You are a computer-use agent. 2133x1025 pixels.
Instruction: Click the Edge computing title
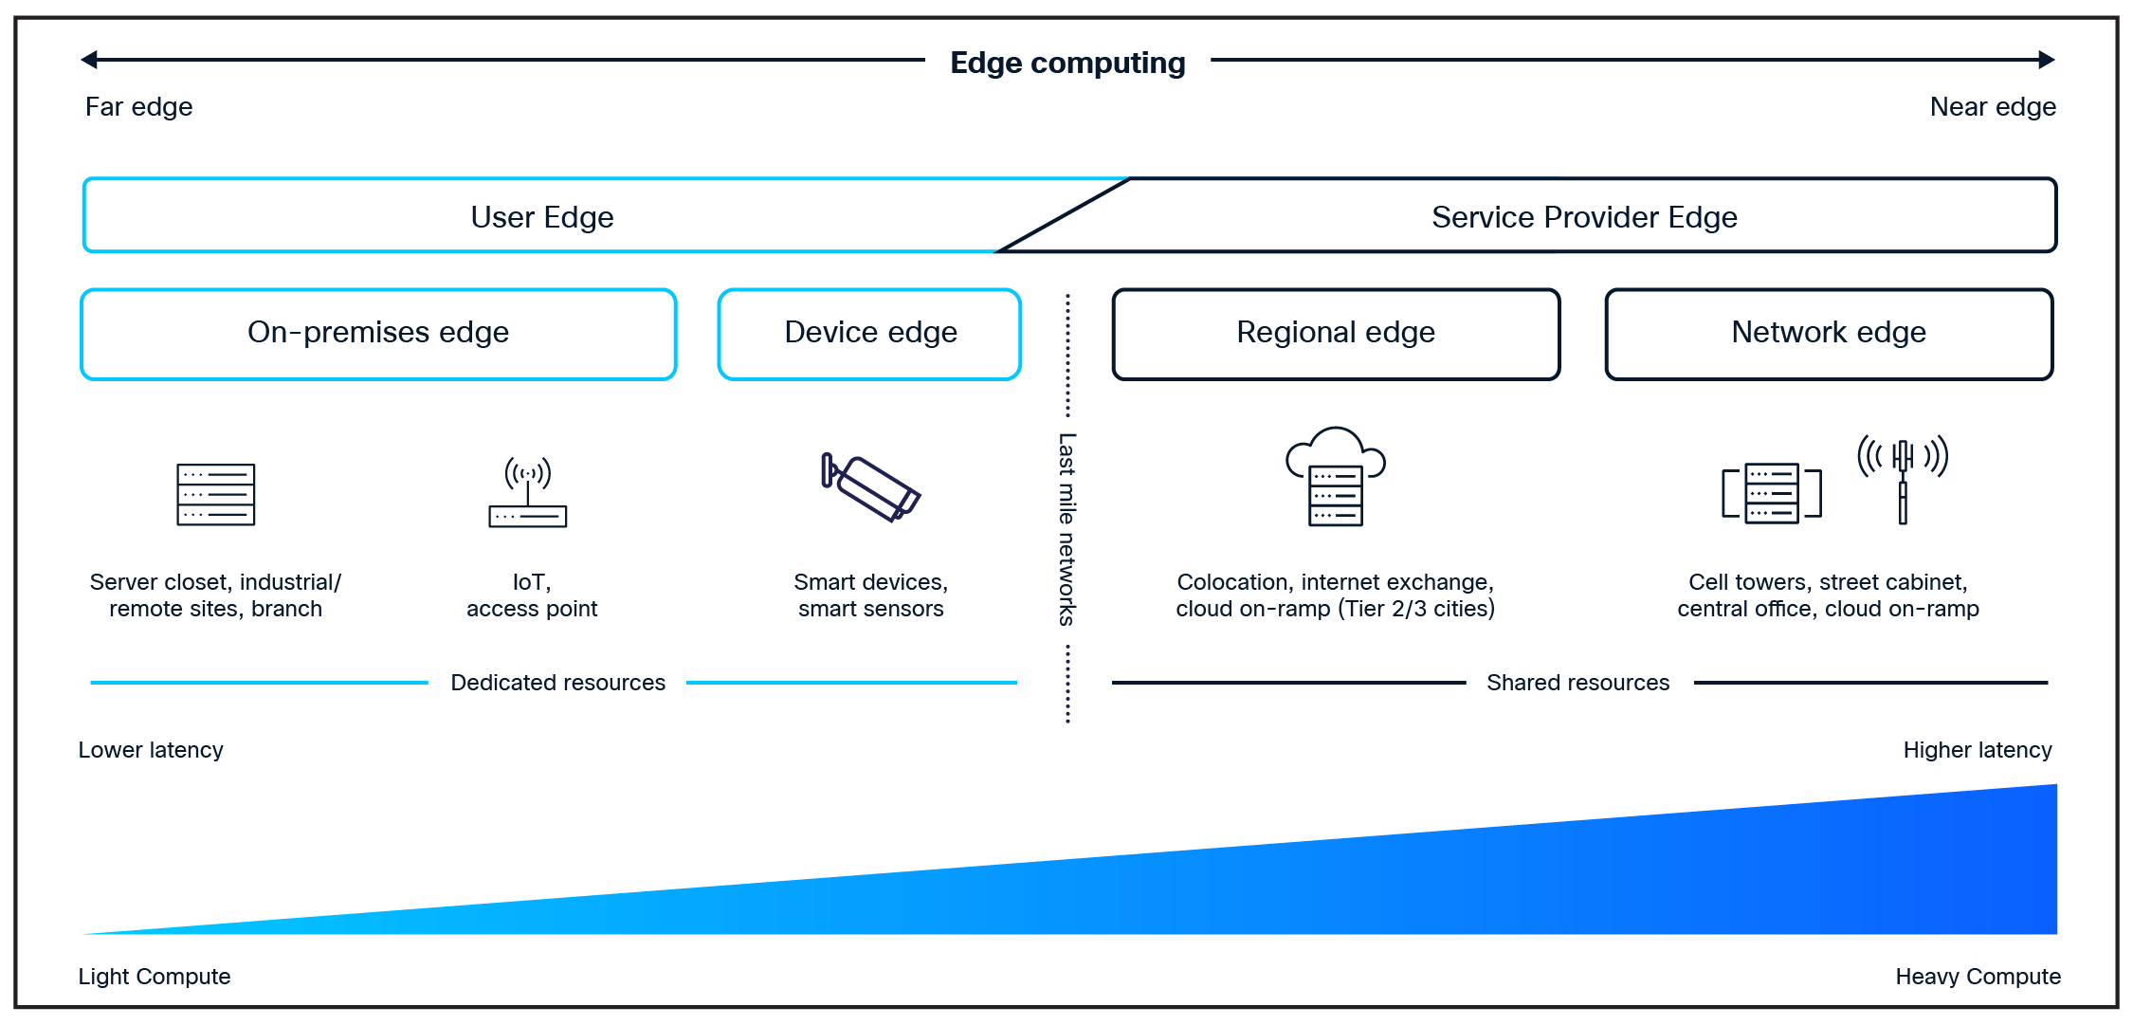1067,63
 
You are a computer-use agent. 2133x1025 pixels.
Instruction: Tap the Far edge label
138,106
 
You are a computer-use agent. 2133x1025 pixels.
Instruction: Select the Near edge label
1993,106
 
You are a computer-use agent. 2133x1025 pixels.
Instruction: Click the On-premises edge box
378,334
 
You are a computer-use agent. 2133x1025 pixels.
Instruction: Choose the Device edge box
869,334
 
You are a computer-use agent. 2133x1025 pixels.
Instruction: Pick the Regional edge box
1335,334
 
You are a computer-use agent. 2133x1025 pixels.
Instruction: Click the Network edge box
1828,334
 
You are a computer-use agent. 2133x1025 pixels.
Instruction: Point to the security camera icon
870,486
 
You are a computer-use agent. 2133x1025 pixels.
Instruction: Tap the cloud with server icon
1335,476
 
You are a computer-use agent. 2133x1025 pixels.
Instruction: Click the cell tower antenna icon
1902,478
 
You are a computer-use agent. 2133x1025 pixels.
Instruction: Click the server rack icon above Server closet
216,494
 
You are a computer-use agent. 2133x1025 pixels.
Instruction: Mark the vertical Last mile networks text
1067,529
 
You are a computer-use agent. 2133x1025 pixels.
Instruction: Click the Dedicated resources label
557,683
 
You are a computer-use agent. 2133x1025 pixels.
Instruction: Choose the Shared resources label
1577,683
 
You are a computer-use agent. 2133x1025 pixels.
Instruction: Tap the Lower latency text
151,750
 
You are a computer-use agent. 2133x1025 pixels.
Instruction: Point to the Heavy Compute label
1978,977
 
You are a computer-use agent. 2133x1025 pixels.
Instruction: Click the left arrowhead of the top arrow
89,60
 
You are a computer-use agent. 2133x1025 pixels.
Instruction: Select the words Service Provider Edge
1584,217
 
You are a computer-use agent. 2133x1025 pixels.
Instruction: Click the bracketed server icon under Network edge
1771,493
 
